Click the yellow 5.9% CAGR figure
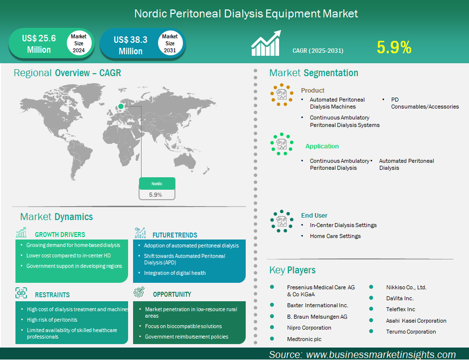point(394,47)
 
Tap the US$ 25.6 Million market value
point(39,44)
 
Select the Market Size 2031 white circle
point(170,43)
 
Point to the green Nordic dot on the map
point(121,106)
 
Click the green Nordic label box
point(157,184)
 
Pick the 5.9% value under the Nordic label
point(156,195)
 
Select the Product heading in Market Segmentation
point(313,90)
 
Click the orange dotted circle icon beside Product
point(282,95)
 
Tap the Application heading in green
point(322,146)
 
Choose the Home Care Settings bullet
point(335,236)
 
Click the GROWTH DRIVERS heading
point(60,235)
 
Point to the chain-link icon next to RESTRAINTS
point(21,293)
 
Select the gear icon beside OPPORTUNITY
point(139,292)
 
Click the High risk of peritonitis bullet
point(52,320)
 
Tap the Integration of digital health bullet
point(174,273)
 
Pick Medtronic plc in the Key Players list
point(304,339)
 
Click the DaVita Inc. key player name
point(400,298)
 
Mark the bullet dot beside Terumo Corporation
point(371,331)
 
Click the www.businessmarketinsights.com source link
point(381,355)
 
